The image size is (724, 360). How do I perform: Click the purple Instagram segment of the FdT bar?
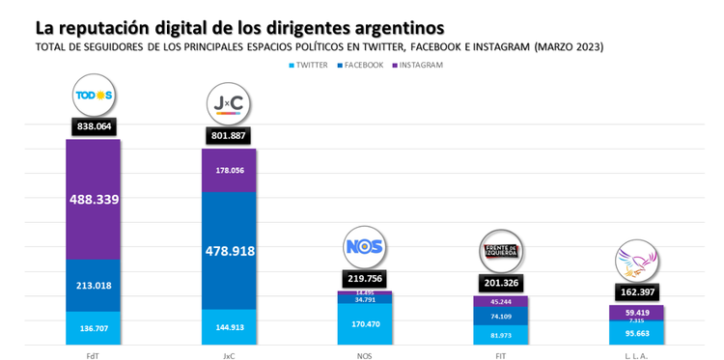tap(93, 200)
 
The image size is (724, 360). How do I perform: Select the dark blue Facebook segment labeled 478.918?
tap(229, 250)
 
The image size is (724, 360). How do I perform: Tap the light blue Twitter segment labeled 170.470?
tap(365, 325)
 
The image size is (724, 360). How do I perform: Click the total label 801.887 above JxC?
tap(229, 136)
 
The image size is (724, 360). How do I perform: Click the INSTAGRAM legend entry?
tap(419, 65)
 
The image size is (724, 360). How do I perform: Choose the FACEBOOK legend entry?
tap(361, 65)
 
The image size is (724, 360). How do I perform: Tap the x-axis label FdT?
tap(93, 353)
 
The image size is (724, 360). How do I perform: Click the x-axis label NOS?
tap(365, 353)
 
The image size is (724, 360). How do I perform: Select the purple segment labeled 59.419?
tap(636, 313)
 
